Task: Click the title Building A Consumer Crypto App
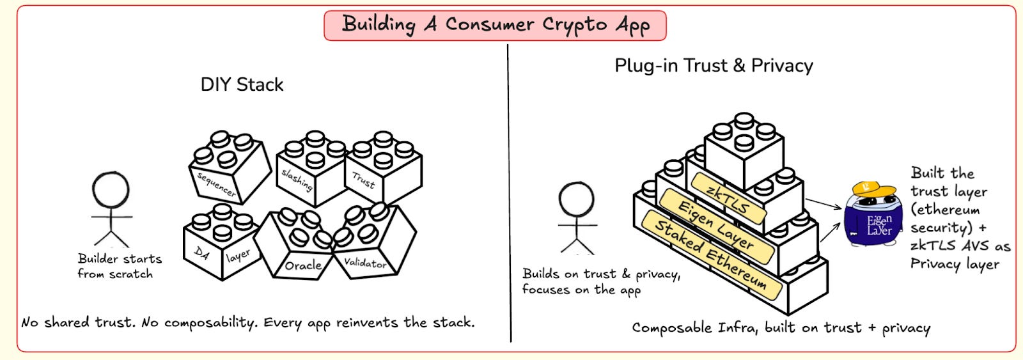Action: pyautogui.click(x=495, y=25)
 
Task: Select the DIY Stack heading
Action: pyautogui.click(x=242, y=85)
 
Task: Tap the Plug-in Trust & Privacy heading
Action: pyautogui.click(x=714, y=66)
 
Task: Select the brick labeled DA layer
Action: pyautogui.click(x=221, y=246)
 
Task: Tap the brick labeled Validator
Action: pyautogui.click(x=371, y=246)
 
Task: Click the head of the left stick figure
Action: pyautogui.click(x=111, y=191)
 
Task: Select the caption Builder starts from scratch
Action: pyautogui.click(x=118, y=266)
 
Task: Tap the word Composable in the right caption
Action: pyautogui.click(x=671, y=328)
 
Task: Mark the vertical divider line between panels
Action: pyautogui.click(x=509, y=192)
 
